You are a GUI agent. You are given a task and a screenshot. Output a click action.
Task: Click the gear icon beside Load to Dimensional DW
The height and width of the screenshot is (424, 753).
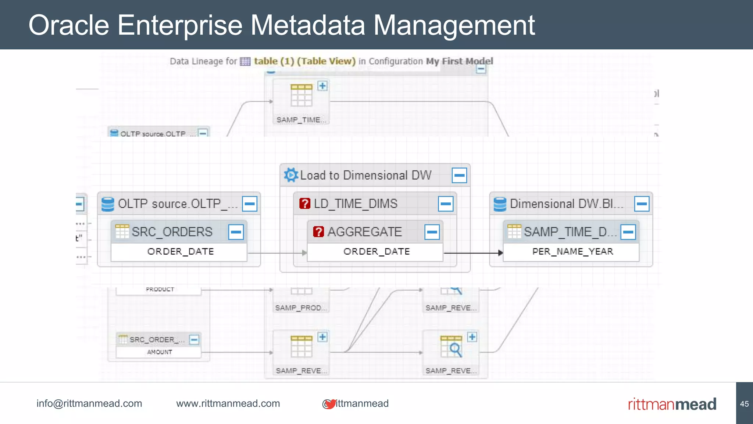[291, 175]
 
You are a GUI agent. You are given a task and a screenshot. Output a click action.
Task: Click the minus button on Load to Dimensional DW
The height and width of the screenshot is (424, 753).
[459, 176]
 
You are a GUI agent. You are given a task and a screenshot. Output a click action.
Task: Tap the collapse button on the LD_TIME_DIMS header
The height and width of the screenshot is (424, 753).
[446, 204]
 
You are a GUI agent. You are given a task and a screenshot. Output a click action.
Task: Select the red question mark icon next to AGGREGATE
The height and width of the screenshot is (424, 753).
[318, 232]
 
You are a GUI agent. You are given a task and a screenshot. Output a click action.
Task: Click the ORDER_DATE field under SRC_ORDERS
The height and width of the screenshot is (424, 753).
[180, 252]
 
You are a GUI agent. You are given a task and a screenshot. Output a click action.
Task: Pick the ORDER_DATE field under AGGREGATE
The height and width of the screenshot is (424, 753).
[376, 252]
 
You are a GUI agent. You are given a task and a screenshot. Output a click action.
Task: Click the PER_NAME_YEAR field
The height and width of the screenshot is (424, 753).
[572, 252]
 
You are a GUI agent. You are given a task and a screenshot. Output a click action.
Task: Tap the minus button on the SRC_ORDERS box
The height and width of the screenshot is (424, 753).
[236, 232]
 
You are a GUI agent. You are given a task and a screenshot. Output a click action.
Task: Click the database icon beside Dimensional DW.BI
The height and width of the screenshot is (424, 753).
[500, 204]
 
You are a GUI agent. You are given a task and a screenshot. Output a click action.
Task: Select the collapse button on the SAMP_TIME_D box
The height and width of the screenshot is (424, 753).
[628, 232]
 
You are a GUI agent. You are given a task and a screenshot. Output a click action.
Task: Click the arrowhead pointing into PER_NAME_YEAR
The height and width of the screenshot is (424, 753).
[500, 253]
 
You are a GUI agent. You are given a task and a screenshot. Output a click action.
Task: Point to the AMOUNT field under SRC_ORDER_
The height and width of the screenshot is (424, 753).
[160, 352]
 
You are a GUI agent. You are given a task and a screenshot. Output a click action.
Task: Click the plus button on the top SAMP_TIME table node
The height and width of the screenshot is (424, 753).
[322, 86]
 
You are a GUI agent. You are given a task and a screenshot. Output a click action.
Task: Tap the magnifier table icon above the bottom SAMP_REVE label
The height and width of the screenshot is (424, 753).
[452, 347]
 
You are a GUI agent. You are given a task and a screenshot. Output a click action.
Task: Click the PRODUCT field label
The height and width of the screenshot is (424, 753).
[160, 289]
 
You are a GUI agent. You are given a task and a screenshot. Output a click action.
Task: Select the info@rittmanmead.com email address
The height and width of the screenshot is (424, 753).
[89, 403]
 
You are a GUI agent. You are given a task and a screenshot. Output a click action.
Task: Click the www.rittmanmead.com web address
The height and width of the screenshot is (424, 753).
[228, 403]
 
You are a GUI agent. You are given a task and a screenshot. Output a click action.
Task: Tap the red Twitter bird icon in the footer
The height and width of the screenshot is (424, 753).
[331, 404]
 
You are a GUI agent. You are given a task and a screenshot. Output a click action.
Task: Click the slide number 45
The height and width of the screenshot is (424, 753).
[744, 404]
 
